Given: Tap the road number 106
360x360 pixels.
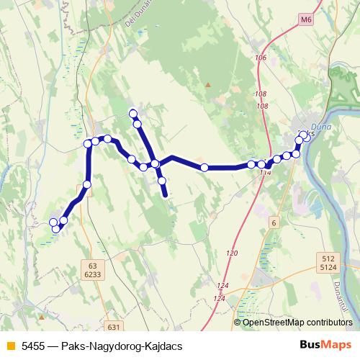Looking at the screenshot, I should (261, 58).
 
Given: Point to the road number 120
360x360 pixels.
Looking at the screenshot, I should (231, 253).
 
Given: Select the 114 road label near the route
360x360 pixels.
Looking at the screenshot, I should (266, 173).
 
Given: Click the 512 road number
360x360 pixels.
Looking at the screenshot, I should (330, 258).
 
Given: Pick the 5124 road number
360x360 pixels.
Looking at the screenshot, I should (330, 268).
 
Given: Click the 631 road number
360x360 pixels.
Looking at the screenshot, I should (112, 326).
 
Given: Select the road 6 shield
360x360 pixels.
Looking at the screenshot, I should (274, 223).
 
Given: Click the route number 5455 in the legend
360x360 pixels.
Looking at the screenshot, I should (32, 346).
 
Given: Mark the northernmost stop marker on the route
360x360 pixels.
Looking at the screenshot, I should (132, 112).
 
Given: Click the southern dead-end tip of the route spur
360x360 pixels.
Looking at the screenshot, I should (166, 194).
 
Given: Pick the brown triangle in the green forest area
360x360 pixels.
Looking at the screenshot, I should (207, 85).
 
